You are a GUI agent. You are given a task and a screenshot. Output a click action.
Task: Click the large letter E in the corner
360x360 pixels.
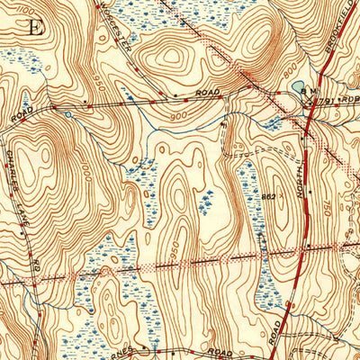[36, 25]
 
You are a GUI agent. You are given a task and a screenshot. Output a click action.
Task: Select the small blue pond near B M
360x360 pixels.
[298, 88]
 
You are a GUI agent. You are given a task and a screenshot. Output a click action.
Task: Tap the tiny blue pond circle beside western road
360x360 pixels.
[67, 113]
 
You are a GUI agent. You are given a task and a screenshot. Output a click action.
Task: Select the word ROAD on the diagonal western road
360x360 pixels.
[23, 114]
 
